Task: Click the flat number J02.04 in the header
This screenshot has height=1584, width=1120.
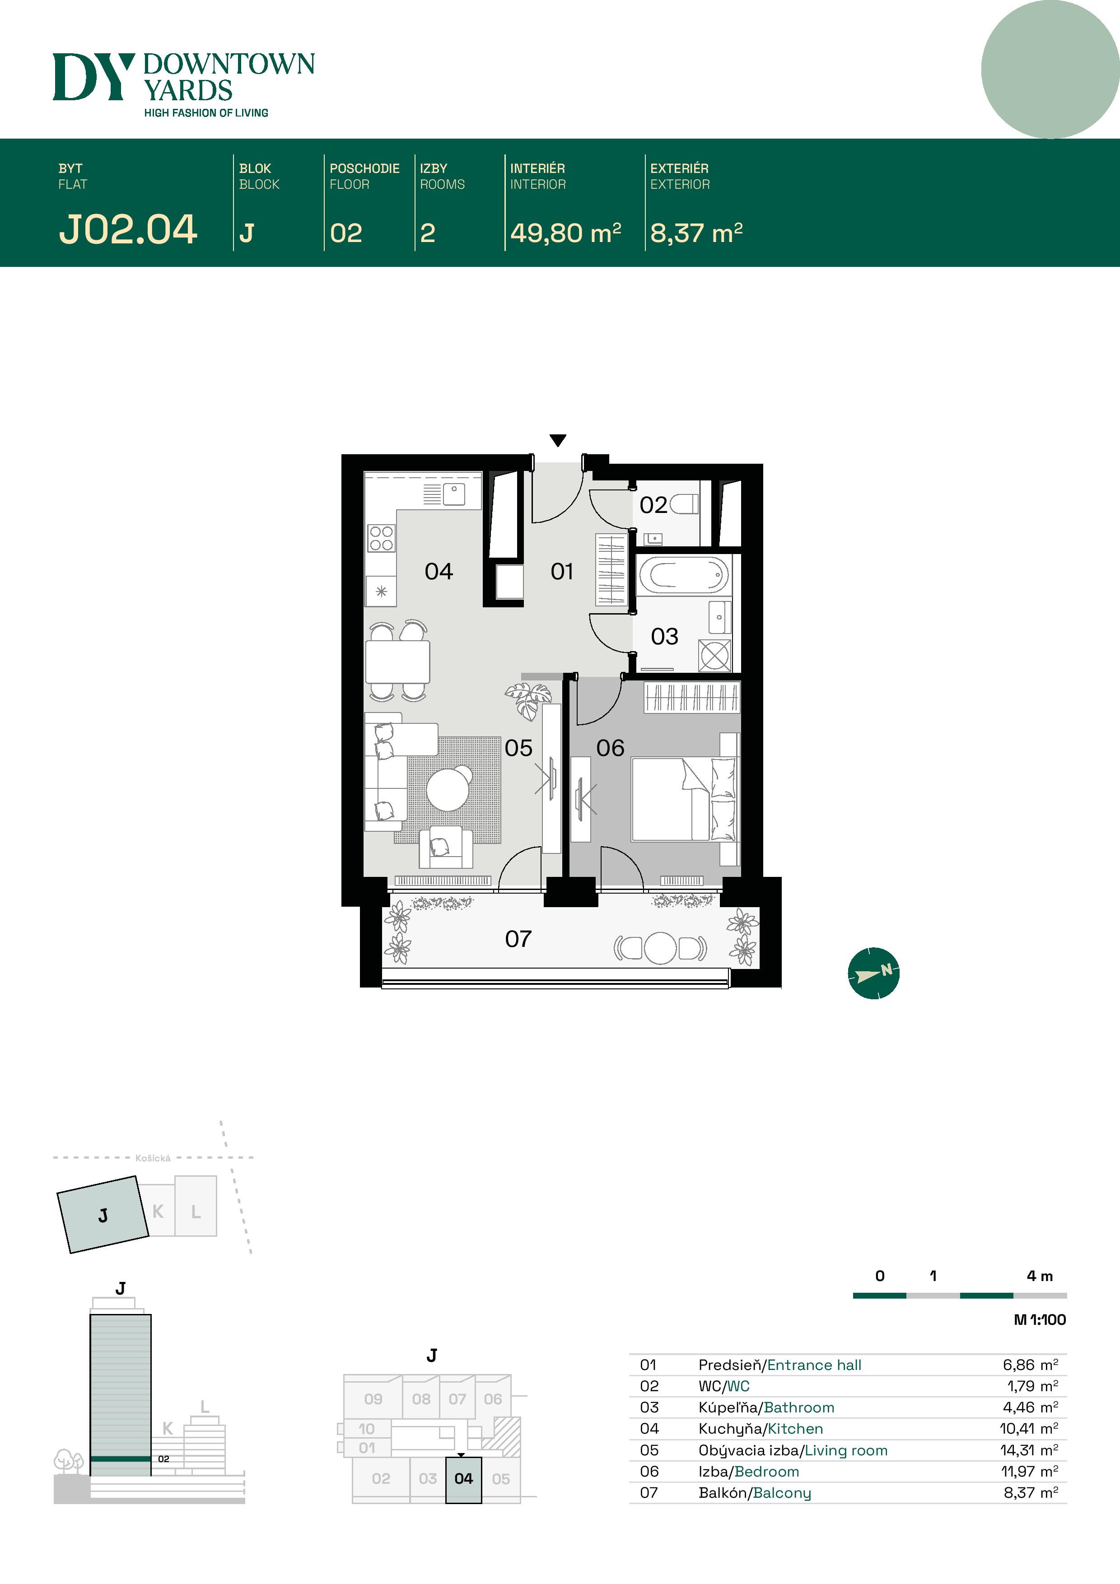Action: [x=128, y=230]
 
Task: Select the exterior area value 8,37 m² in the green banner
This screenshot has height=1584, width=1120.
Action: [x=696, y=233]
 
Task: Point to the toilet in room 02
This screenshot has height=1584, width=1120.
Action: [x=684, y=504]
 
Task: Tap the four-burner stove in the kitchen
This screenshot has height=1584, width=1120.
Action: [x=381, y=538]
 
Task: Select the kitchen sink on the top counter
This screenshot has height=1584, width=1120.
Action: [x=453, y=494]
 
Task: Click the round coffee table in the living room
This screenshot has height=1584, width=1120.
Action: [x=448, y=789]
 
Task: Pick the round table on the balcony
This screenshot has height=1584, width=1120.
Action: [x=660, y=948]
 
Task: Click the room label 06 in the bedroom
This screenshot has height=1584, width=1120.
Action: [x=610, y=748]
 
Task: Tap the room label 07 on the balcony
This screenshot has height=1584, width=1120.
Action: [x=518, y=939]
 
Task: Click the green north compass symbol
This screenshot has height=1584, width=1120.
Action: [x=873, y=973]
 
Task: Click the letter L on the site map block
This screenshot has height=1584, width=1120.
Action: [x=196, y=1211]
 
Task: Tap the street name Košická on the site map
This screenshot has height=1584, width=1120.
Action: [x=153, y=1158]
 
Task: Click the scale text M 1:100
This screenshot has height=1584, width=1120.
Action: [x=1040, y=1320]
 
